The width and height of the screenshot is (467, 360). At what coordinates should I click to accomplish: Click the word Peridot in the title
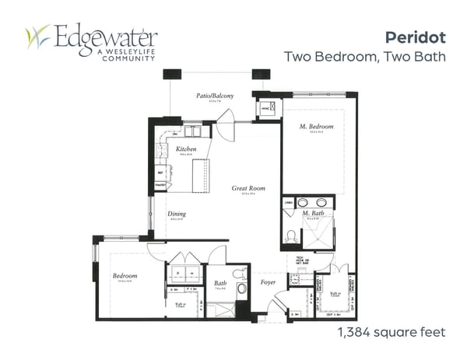[415, 37]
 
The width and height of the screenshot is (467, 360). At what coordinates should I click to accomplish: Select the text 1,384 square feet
[391, 332]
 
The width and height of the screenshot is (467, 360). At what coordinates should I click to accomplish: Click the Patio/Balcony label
[213, 96]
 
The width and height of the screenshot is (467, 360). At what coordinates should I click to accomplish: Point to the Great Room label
[248, 188]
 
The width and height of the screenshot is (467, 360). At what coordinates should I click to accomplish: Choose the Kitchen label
[185, 149]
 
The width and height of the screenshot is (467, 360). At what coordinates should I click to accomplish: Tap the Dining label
[177, 214]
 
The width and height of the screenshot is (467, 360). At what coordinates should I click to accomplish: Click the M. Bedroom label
[318, 127]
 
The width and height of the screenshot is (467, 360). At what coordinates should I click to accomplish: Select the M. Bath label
[313, 213]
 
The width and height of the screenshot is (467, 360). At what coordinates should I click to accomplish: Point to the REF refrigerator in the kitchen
[161, 173]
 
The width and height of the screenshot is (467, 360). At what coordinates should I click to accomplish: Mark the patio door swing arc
[225, 125]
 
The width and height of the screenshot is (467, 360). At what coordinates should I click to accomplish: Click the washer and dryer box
[184, 274]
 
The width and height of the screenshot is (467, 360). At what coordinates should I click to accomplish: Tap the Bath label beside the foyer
[219, 284]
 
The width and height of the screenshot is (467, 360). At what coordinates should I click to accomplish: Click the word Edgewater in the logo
[106, 36]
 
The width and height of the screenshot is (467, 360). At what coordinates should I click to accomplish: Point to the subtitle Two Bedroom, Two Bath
[365, 57]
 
